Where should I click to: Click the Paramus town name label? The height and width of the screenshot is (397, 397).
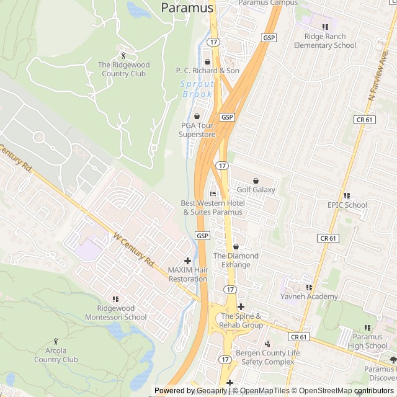(187, 8)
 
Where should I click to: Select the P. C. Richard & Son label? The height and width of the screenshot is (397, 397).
(207, 71)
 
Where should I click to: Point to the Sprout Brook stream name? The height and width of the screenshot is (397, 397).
(198, 89)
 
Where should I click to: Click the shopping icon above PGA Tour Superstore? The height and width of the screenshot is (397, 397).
(197, 116)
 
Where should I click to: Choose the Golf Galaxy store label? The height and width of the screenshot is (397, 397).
(256, 190)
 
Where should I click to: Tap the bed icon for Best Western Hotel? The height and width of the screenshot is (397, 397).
(213, 194)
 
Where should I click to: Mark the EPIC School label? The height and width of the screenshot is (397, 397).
(347, 205)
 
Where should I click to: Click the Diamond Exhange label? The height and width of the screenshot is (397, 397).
(236, 260)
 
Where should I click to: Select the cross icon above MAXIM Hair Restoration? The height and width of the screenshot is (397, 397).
(188, 261)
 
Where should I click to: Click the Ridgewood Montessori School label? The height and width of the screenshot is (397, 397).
(122, 313)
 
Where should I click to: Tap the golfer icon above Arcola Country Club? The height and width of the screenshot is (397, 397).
(56, 341)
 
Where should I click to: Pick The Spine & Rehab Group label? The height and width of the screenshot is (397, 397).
(242, 321)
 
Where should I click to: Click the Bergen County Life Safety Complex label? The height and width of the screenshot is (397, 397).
(268, 357)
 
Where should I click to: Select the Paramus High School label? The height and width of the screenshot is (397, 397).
(367, 341)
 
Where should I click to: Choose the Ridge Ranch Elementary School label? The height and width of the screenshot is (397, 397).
(325, 41)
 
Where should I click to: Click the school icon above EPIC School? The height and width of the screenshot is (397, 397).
(347, 195)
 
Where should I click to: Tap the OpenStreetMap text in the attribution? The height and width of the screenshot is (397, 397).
(323, 391)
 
